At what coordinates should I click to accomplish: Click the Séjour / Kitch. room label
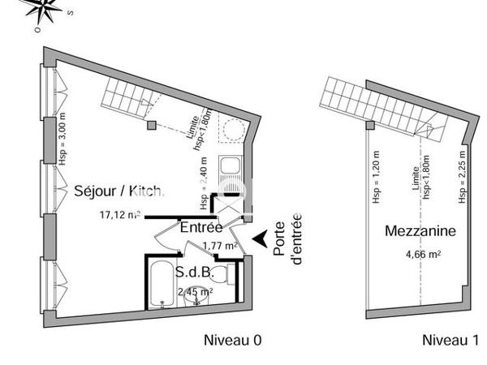click(119, 191)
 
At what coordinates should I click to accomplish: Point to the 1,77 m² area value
click(219, 246)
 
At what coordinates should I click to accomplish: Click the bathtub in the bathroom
click(162, 284)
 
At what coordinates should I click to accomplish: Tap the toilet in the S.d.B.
click(231, 277)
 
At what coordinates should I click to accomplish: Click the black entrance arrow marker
click(261, 238)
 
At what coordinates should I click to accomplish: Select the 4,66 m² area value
click(423, 254)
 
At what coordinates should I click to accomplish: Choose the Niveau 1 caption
click(449, 339)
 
